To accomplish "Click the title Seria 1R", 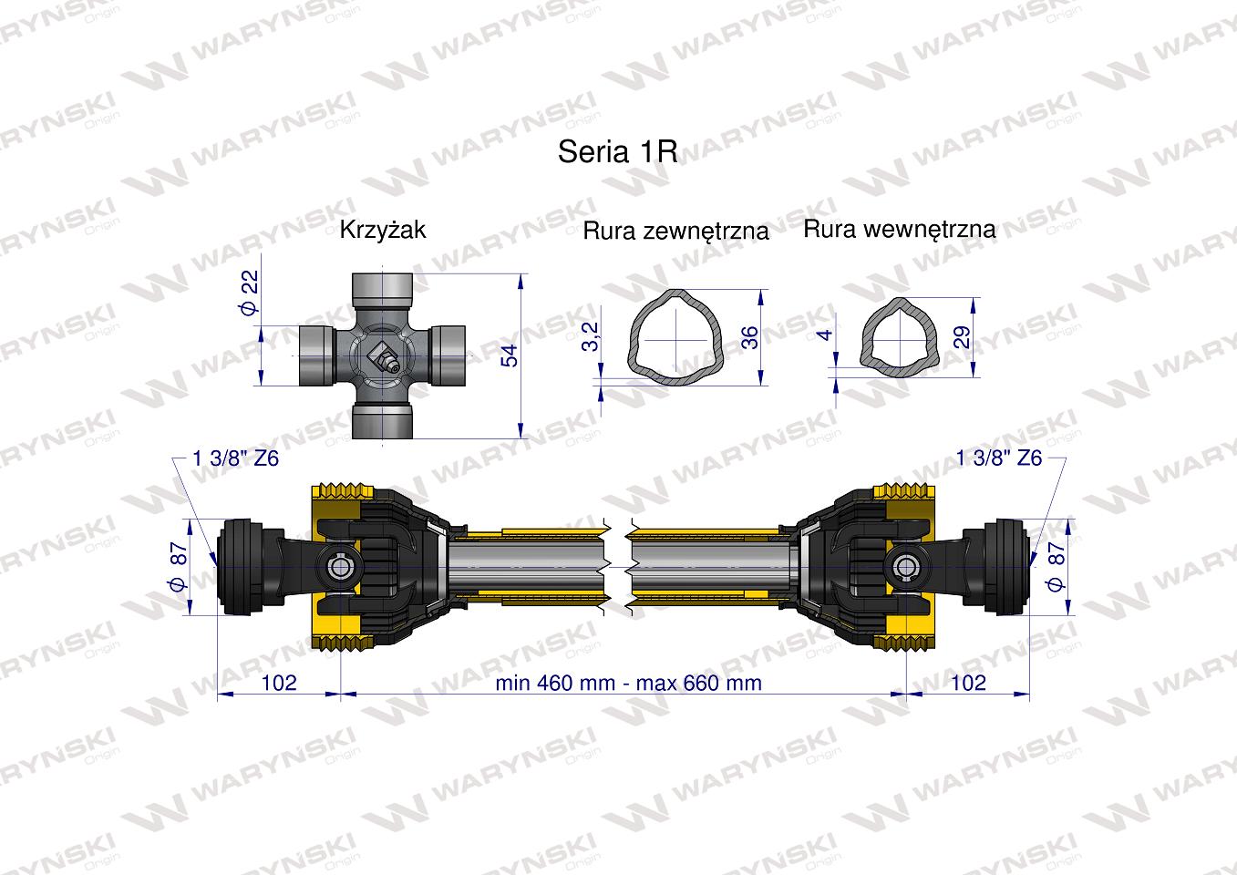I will [617, 151].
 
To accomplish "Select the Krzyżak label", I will [382, 230].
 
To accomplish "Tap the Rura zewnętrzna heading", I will [675, 232].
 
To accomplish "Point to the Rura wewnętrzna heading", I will [899, 229].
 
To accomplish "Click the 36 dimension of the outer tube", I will [750, 336].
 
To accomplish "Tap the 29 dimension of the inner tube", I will [962, 336].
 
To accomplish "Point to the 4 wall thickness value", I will [826, 335].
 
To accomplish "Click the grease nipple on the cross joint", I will [383, 357].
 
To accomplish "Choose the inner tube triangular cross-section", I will [897, 334].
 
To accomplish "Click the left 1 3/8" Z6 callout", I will [236, 458].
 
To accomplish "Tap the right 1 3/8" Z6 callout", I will [999, 458].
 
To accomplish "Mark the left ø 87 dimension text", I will [179, 566].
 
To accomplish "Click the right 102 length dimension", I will [968, 683].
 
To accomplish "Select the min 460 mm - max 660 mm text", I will [628, 683].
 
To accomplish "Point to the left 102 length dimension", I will [279, 683].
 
